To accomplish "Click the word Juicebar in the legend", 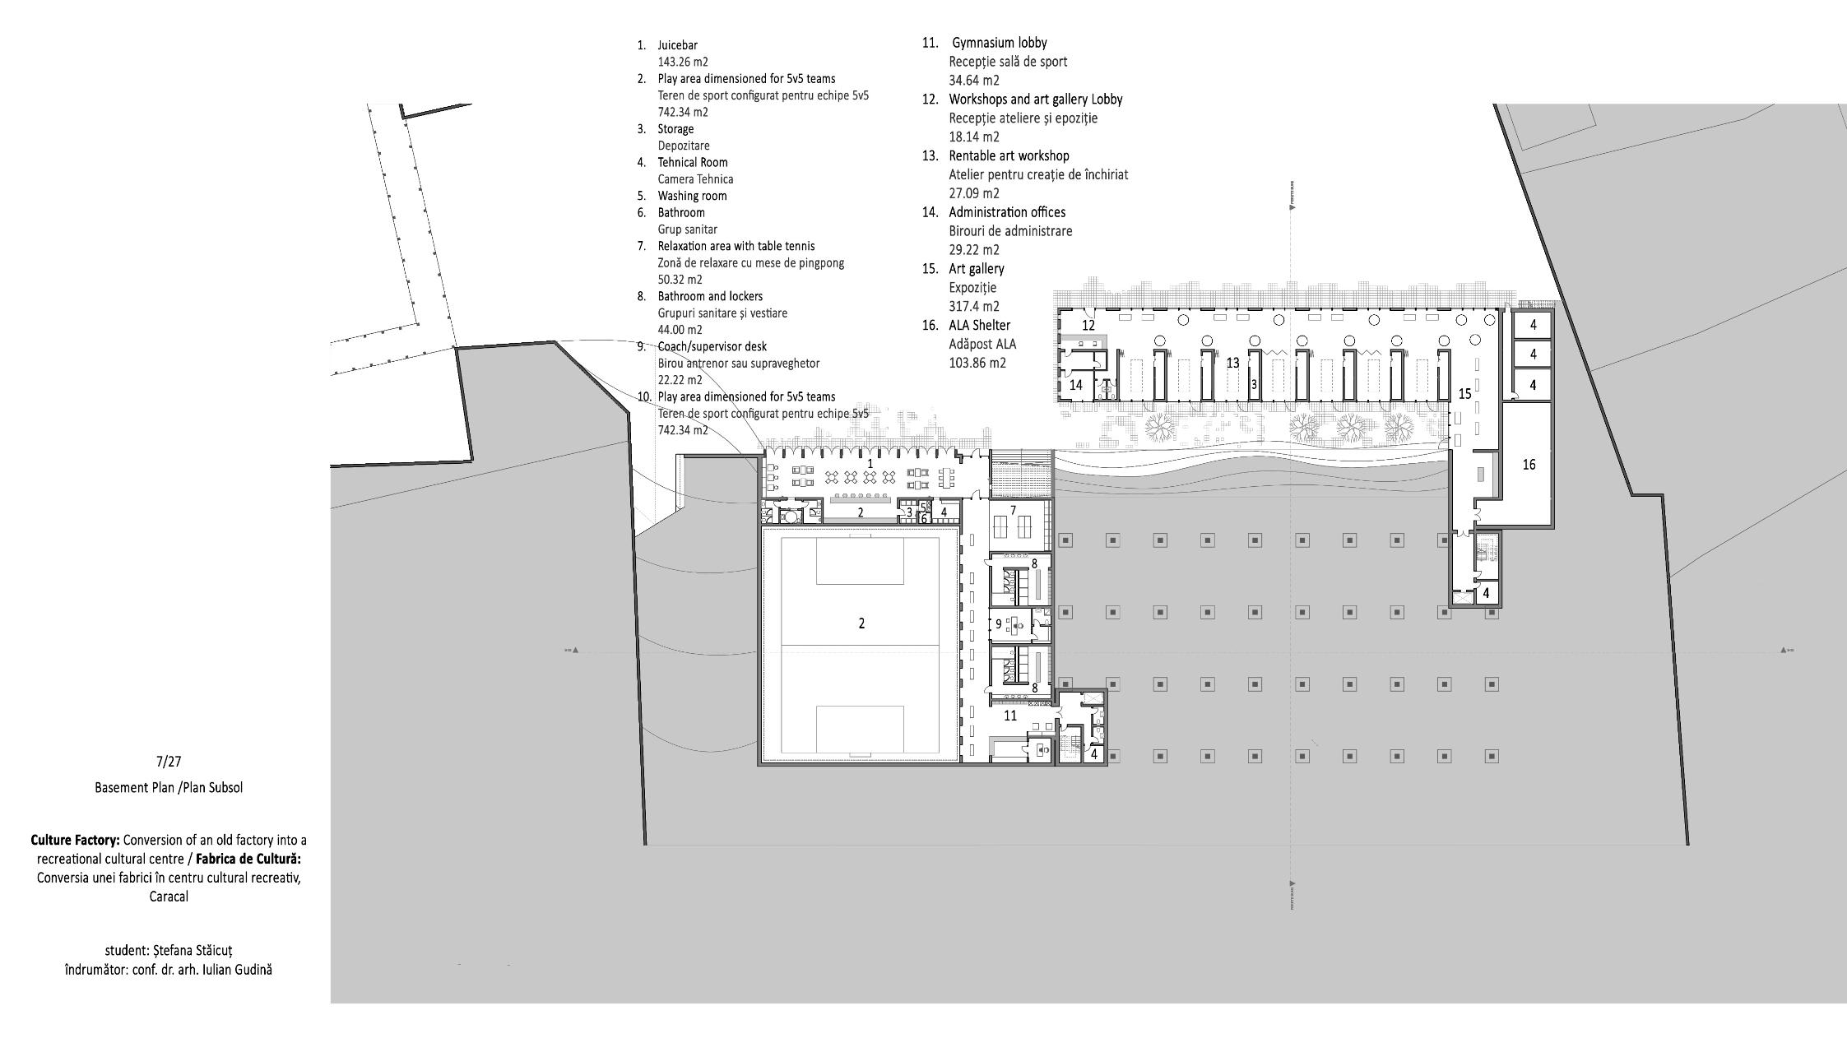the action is pyautogui.click(x=677, y=45).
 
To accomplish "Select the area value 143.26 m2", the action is pyautogui.click(x=682, y=62).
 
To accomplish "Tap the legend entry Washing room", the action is pyautogui.click(x=692, y=196).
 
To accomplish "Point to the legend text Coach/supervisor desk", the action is pyautogui.click(x=712, y=346).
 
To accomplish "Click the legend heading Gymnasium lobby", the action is pyautogui.click(x=1000, y=43).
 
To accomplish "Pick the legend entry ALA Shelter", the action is pyautogui.click(x=979, y=325).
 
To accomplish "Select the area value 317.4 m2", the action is pyautogui.click(x=974, y=307).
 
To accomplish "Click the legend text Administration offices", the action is pyautogui.click(x=1007, y=212).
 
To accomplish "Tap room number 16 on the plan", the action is pyautogui.click(x=1529, y=465).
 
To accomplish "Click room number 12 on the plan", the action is pyautogui.click(x=1088, y=326).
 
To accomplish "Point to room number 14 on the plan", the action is pyautogui.click(x=1076, y=385).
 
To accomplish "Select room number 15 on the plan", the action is pyautogui.click(x=1464, y=394).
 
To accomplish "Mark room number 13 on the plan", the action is pyautogui.click(x=1232, y=363).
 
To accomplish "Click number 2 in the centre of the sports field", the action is pyautogui.click(x=861, y=623).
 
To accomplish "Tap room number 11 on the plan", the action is pyautogui.click(x=1010, y=716).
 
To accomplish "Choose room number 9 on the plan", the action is pyautogui.click(x=999, y=624).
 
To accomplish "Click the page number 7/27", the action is pyautogui.click(x=168, y=762).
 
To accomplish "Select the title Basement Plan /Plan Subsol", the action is pyautogui.click(x=169, y=787).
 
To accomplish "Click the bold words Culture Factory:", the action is pyautogui.click(x=76, y=840).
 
